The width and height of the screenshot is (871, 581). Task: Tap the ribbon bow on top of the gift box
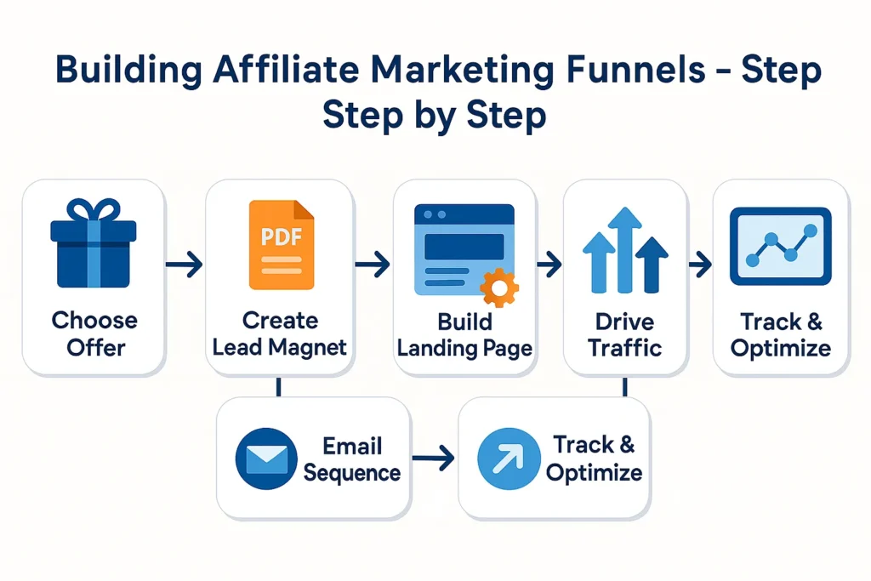pos(94,209)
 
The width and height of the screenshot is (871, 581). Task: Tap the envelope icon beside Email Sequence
pos(266,459)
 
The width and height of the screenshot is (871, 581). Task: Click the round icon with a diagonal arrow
pos(509,459)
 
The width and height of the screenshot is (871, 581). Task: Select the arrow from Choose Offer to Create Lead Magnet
pos(185,266)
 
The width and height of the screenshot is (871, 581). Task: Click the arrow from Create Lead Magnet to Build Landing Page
pos(373,266)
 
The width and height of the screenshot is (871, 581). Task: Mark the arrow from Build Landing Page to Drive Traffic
pos(549,265)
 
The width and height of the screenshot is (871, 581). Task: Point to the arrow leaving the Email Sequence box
pos(433,459)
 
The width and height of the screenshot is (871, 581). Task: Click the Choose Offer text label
pos(94,333)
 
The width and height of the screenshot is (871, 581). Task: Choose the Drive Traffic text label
pos(625,333)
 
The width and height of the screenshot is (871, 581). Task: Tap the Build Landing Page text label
pos(464,334)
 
